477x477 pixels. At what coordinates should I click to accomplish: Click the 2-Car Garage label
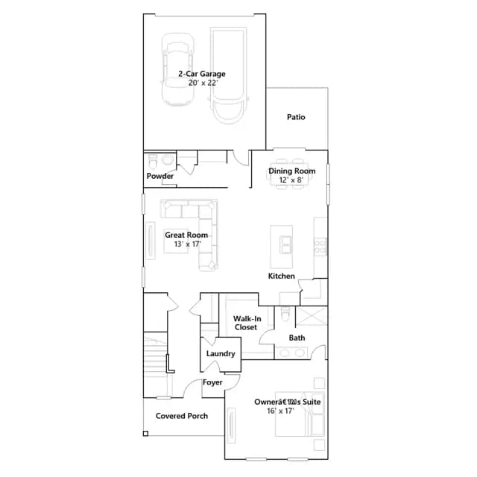(202, 74)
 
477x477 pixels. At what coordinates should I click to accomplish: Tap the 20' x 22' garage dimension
(203, 83)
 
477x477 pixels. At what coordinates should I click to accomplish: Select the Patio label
(296, 117)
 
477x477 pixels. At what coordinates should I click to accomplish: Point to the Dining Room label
(291, 171)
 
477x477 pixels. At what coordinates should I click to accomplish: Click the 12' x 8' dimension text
(291, 180)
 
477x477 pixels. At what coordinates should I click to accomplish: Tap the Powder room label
(160, 176)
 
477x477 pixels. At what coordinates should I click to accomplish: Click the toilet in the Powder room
(152, 161)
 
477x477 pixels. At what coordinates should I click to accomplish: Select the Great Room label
(186, 235)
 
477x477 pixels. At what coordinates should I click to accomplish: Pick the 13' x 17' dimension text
(187, 244)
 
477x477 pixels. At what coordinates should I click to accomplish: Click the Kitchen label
(282, 276)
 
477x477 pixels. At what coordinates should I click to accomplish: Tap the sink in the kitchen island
(285, 244)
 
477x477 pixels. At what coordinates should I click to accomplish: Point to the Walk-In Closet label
(247, 323)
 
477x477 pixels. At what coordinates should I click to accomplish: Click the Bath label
(297, 338)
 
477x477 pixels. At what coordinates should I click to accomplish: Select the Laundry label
(221, 353)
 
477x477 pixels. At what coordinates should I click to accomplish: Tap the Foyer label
(212, 382)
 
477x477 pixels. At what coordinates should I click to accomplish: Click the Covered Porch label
(182, 416)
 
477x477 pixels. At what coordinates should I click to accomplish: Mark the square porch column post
(146, 434)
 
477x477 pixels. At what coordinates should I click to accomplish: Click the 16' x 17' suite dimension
(280, 411)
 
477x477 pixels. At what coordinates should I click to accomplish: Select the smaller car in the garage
(177, 69)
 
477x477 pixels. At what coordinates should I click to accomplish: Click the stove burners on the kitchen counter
(320, 247)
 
